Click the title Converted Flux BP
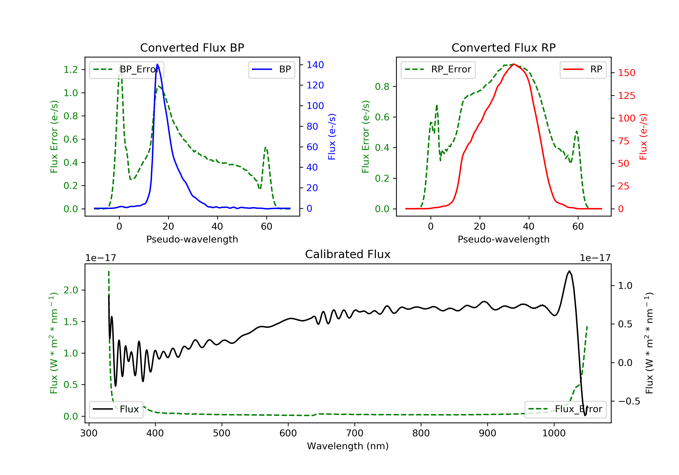192,47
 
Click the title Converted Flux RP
503,47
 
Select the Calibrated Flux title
348,254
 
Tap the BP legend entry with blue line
271,69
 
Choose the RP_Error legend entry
438,69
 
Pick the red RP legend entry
583,69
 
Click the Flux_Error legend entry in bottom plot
565,409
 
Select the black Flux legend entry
116,409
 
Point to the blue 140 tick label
315,65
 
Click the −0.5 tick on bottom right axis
629,401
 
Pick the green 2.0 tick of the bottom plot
71,290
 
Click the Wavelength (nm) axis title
348,446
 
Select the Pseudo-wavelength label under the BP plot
192,239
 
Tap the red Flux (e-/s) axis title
643,137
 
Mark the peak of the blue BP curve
157,64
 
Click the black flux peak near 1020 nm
569,271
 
